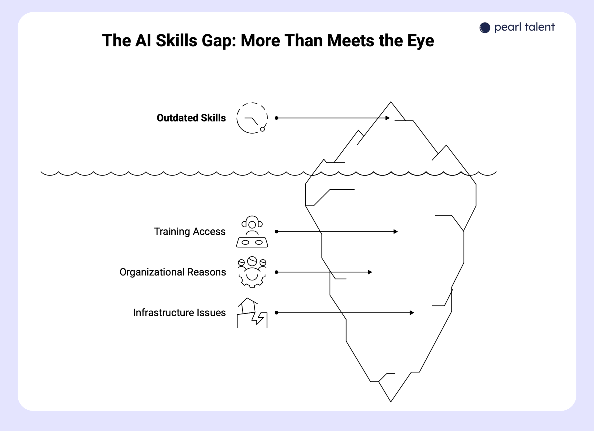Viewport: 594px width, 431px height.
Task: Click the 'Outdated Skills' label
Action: click(191, 118)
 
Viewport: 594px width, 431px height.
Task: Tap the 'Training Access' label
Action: click(190, 232)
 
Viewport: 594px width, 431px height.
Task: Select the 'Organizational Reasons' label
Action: click(173, 272)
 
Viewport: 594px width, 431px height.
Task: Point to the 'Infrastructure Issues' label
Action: click(179, 313)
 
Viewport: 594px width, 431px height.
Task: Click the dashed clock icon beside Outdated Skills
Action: click(252, 118)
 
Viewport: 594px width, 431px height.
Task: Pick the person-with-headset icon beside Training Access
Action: click(252, 232)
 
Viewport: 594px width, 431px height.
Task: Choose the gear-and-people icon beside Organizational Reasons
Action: click(252, 272)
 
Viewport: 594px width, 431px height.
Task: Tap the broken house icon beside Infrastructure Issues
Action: click(252, 313)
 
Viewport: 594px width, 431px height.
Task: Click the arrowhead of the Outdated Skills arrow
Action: click(388, 118)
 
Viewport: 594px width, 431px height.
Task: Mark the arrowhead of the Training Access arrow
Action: click(396, 232)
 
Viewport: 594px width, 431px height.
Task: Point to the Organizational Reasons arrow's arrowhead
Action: click(370, 272)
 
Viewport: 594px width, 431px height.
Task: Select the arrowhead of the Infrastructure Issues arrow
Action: click(412, 313)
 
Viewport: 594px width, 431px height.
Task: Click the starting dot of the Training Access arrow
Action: click(277, 232)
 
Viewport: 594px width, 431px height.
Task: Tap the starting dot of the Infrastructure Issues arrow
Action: click(277, 313)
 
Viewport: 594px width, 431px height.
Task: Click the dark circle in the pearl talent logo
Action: click(485, 28)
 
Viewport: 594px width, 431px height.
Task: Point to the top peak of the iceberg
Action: click(391, 102)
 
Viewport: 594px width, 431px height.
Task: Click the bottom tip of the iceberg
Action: click(391, 401)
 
